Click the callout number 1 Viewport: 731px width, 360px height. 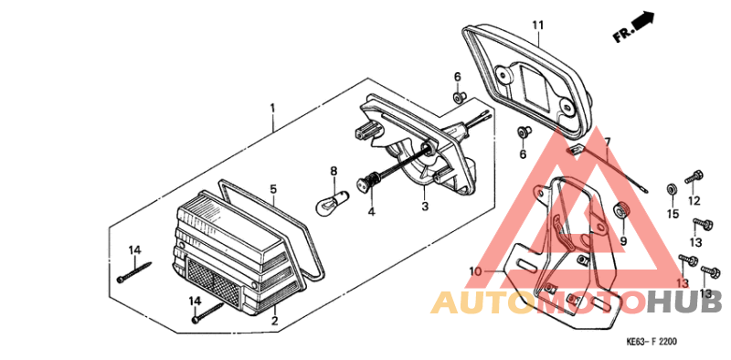272,108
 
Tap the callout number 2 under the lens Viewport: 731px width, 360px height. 274,321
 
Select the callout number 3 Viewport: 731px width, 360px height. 424,206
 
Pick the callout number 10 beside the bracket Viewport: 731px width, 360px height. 474,271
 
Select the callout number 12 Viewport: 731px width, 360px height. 694,201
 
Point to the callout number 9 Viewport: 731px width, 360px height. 624,241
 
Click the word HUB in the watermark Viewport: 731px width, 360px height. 685,302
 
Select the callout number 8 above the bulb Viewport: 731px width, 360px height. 334,170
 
